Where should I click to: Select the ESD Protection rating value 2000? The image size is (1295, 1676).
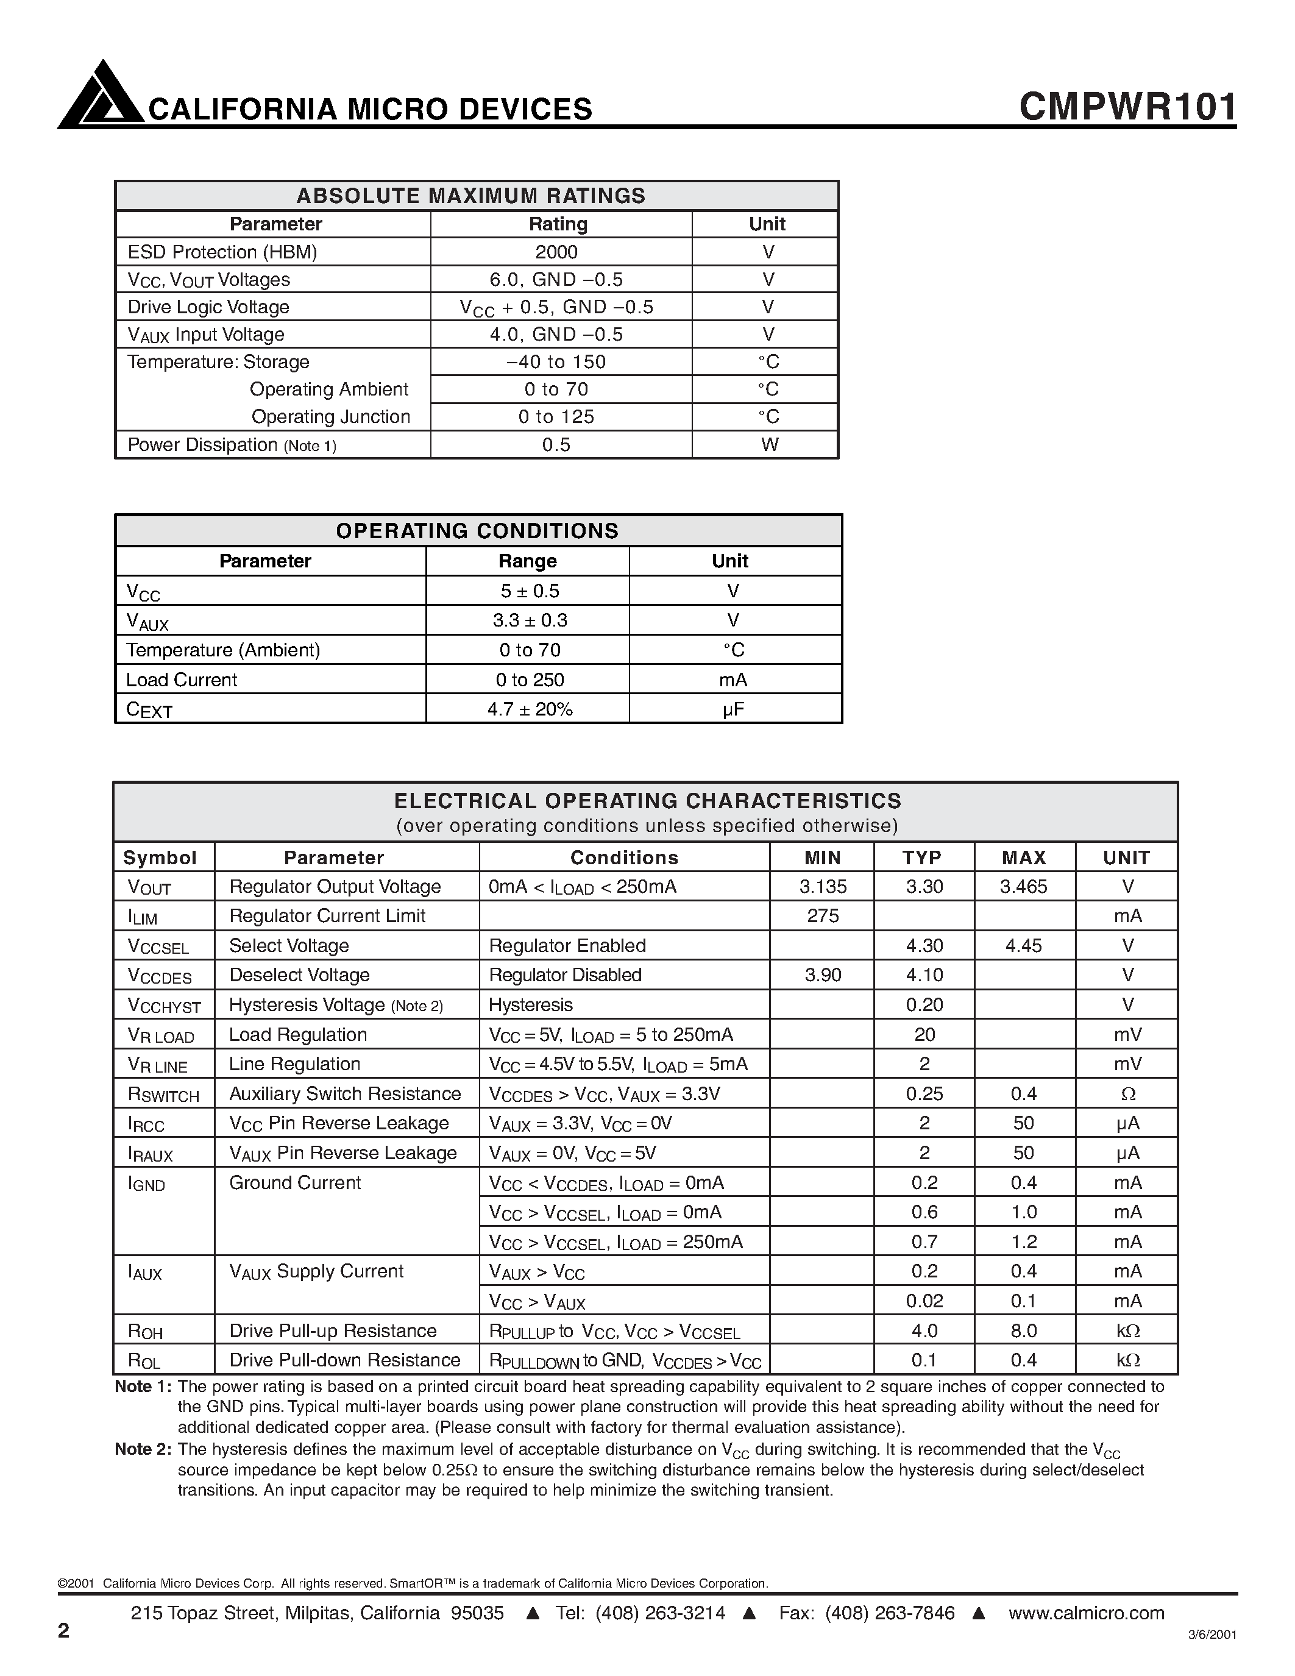[557, 252]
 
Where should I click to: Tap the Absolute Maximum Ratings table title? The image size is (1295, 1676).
[471, 196]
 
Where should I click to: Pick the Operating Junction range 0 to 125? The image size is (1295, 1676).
[556, 417]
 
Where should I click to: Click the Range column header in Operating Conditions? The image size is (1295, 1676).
[527, 561]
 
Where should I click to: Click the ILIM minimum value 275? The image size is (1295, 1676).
[823, 916]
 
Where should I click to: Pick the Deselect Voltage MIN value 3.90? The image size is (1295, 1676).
[823, 975]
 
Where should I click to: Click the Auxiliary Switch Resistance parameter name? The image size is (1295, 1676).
[344, 1093]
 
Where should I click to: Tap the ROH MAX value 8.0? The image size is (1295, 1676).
[1023, 1330]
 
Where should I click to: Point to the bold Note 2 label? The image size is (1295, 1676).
[143, 1449]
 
